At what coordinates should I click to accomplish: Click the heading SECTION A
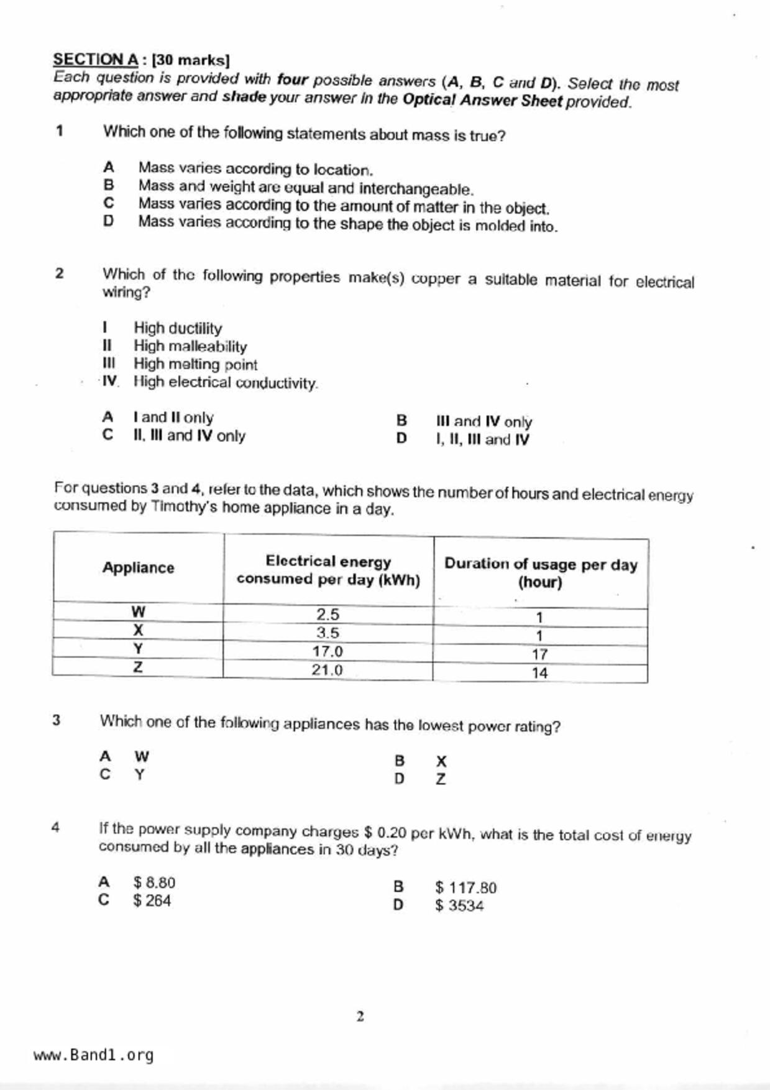click(x=96, y=60)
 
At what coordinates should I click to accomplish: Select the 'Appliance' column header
click(x=138, y=567)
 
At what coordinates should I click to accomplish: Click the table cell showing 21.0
click(x=327, y=670)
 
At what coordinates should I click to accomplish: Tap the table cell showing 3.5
click(x=328, y=633)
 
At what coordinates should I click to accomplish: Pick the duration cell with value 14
click(x=539, y=673)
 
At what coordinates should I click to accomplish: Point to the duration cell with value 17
click(x=539, y=654)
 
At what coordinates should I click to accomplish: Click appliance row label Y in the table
click(x=138, y=649)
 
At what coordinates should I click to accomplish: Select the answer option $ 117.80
click(x=465, y=887)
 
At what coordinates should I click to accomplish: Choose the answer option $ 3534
click(x=459, y=905)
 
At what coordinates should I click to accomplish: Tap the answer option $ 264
click(x=152, y=900)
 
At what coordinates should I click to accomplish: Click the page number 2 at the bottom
click(x=360, y=1017)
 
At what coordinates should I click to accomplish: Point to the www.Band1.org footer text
click(x=93, y=1055)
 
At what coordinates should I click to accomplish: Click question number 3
click(x=57, y=720)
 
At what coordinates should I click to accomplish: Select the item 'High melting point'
click(x=195, y=364)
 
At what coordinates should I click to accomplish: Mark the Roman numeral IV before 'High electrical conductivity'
click(x=109, y=382)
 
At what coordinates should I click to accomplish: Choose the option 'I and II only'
click(x=173, y=418)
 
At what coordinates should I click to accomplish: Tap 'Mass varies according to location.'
click(x=255, y=169)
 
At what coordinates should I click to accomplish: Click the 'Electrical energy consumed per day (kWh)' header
click(x=328, y=570)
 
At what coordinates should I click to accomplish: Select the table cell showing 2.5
click(x=328, y=615)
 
